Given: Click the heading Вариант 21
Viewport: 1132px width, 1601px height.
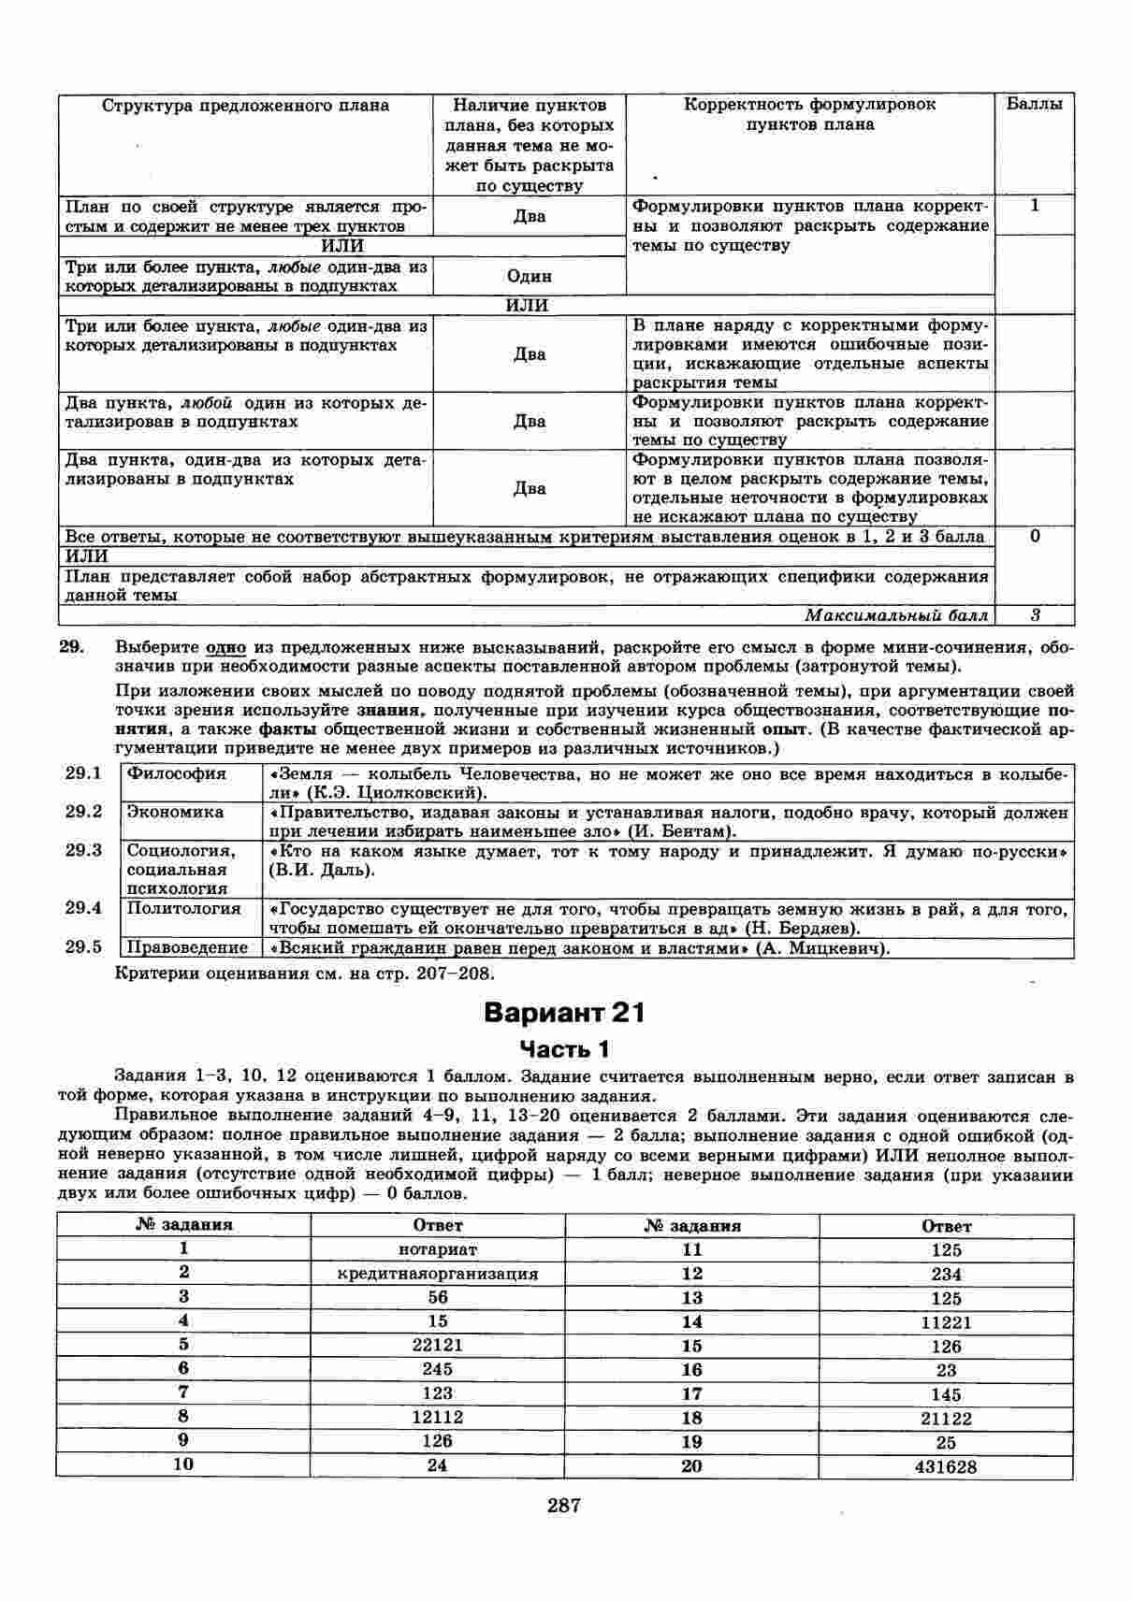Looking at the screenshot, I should (x=565, y=1013).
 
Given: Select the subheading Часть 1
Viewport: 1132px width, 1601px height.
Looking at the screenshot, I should (x=565, y=1048).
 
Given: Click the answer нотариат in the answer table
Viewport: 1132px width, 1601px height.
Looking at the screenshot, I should (x=437, y=1249).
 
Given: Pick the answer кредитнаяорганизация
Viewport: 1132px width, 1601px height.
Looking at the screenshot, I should (x=437, y=1274).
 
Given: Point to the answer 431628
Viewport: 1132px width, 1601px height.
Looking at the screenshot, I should (x=946, y=1467).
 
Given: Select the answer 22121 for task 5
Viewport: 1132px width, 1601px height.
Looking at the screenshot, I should (x=437, y=1346).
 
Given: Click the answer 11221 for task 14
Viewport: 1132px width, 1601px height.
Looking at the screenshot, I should (x=946, y=1322).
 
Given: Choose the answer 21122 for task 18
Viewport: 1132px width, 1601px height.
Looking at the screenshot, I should (x=946, y=1419).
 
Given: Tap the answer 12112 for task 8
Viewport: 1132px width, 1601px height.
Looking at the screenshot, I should (x=437, y=1418).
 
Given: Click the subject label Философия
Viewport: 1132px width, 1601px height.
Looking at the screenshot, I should (x=177, y=773).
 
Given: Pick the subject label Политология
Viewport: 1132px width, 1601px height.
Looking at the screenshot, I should (x=183, y=908).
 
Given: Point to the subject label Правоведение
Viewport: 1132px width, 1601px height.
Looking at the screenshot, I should (x=187, y=948).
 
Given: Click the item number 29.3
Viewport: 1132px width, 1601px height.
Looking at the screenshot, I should (x=83, y=850).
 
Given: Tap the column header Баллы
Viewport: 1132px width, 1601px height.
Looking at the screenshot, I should (x=1034, y=105).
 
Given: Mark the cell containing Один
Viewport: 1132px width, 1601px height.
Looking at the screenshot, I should (x=530, y=276).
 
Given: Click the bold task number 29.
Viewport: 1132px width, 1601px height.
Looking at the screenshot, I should (x=72, y=647).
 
